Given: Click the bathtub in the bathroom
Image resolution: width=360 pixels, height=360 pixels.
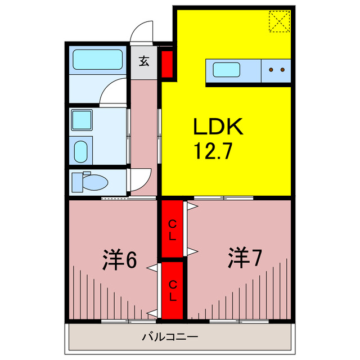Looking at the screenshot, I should pyautogui.click(x=98, y=60).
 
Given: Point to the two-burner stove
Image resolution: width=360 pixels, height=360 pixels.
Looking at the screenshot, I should pyautogui.click(x=276, y=70).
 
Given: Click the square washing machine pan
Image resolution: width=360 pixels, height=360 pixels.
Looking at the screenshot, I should pyautogui.click(x=82, y=120).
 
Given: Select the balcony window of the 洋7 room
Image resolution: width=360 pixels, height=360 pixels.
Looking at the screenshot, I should pyautogui.click(x=240, y=321).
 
